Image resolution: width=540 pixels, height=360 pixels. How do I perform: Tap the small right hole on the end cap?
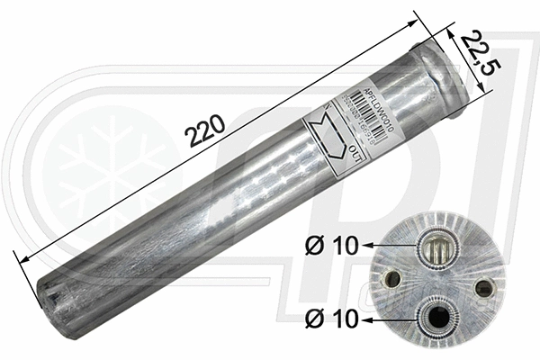click(x=484, y=288)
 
